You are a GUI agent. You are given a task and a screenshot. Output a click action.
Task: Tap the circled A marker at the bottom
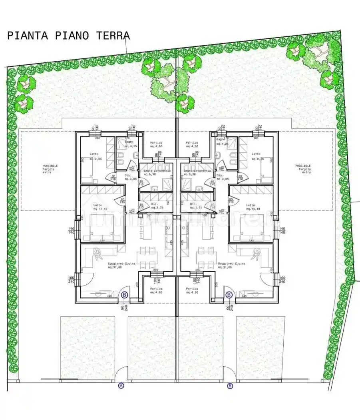pyautogui.click(x=121, y=386)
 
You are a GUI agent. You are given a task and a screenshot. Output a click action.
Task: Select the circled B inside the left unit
pyautogui.click(x=124, y=295)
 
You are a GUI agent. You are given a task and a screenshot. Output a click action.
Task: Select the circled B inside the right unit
pyautogui.click(x=229, y=295)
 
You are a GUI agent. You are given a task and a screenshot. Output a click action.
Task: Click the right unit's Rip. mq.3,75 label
pyautogui.click(x=195, y=206)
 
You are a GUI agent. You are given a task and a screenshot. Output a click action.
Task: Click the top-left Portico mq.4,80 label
pyautogui.click(x=156, y=144)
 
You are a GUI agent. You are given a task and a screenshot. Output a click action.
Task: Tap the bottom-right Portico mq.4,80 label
pyautogui.click(x=192, y=290)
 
